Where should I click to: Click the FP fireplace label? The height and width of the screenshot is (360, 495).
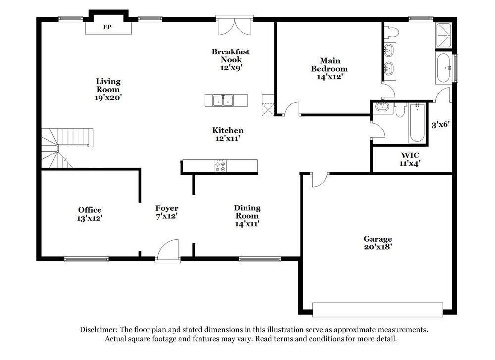click(x=107, y=27)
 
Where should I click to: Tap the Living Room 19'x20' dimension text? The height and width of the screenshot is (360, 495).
click(x=108, y=98)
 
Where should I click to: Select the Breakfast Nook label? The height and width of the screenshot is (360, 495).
click(x=231, y=55)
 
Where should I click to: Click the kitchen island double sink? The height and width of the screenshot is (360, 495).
click(x=223, y=101)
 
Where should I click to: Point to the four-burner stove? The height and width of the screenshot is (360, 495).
click(x=220, y=166)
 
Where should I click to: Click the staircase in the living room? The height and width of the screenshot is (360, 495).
click(x=66, y=148)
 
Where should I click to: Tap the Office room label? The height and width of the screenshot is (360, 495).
click(x=90, y=210)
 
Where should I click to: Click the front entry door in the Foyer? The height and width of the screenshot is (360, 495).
click(x=168, y=251)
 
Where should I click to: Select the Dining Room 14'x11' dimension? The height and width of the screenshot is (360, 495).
click(x=247, y=224)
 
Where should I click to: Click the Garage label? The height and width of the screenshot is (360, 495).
click(x=378, y=239)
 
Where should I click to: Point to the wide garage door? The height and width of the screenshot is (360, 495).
click(x=378, y=309)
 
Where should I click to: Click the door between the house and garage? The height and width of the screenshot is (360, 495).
click(x=320, y=180)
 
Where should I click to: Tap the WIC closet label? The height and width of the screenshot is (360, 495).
click(x=410, y=155)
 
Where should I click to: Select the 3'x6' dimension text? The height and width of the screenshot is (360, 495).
click(x=441, y=125)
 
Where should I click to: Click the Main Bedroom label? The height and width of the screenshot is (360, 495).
click(x=330, y=65)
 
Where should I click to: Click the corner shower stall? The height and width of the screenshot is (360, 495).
click(x=444, y=35)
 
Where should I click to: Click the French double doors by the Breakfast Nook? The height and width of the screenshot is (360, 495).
click(x=235, y=25)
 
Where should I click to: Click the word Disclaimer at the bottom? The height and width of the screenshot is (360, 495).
click(x=99, y=330)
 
